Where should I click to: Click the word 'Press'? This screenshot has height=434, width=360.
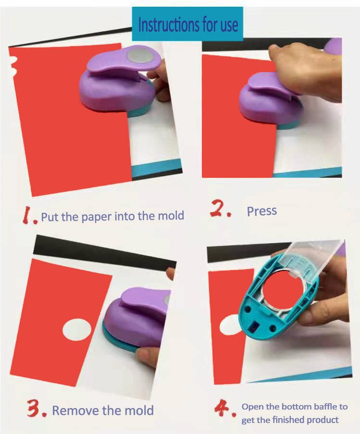261,211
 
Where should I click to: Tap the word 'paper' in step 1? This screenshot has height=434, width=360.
97,216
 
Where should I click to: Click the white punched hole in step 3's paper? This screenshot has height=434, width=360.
76,330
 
